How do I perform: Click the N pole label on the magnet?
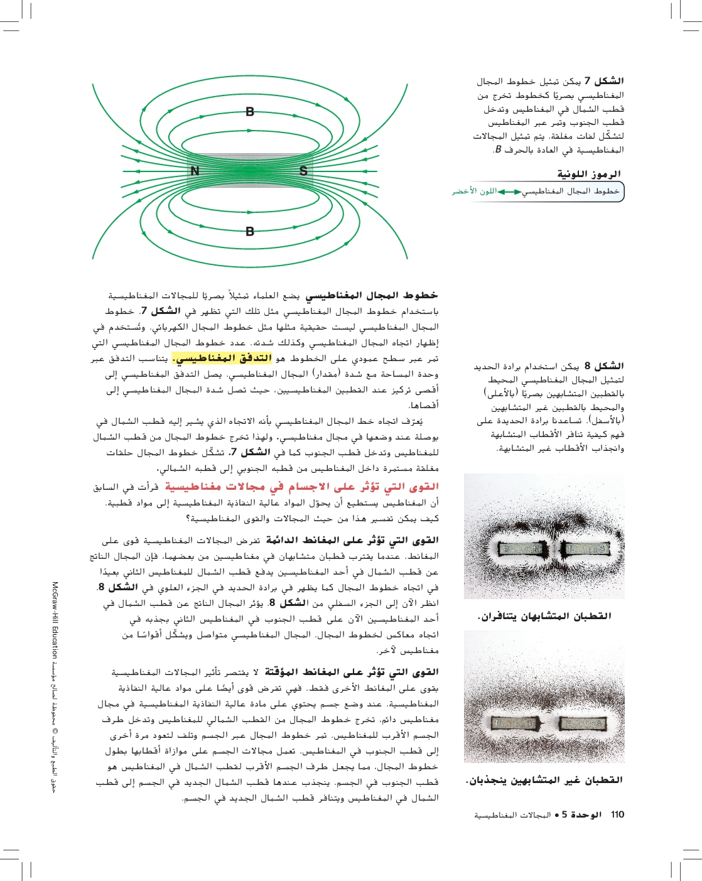click(x=195, y=171)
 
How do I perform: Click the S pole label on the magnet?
click(x=303, y=171)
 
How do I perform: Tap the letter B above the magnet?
click(x=250, y=112)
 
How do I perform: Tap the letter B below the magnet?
click(x=250, y=231)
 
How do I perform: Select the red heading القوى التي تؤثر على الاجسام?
click(x=301, y=487)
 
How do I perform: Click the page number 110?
click(x=617, y=814)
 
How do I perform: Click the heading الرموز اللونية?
click(x=589, y=174)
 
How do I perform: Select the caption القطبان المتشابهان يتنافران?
click(x=544, y=616)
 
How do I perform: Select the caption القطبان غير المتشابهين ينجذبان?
click(x=544, y=780)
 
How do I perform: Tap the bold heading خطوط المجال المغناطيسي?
click(x=372, y=295)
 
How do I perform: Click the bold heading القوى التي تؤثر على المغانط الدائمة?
click(x=352, y=540)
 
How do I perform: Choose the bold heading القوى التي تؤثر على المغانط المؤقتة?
click(x=352, y=672)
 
